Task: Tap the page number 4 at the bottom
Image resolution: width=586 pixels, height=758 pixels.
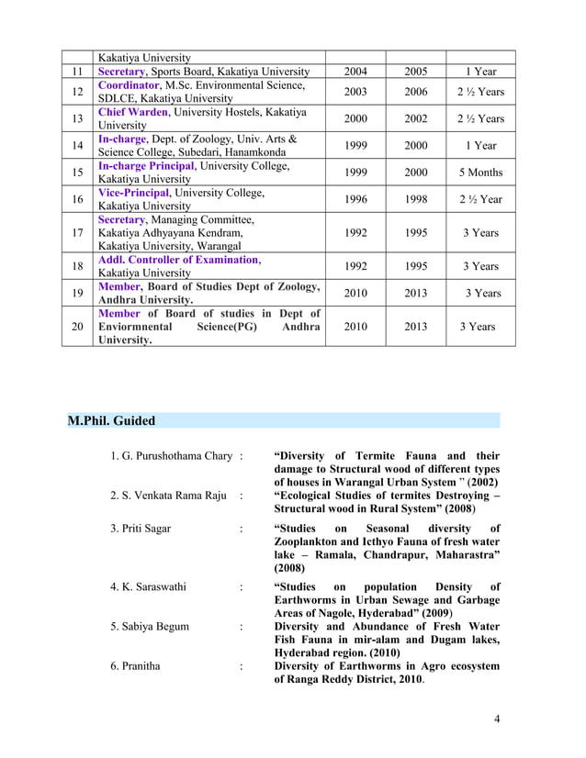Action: tap(497, 718)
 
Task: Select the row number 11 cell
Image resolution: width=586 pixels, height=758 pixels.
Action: tap(78, 72)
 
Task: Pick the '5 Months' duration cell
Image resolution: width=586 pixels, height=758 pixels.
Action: tap(480, 173)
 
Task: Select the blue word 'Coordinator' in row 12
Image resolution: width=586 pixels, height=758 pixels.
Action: tap(130, 85)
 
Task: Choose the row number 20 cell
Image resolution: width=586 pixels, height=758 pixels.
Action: tap(78, 326)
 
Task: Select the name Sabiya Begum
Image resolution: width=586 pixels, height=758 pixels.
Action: tap(149, 627)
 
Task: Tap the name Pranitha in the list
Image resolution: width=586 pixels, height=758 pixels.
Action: tap(135, 666)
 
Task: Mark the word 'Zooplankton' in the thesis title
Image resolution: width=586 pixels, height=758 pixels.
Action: tap(310, 541)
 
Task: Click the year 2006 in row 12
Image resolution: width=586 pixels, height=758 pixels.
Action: tap(416, 92)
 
